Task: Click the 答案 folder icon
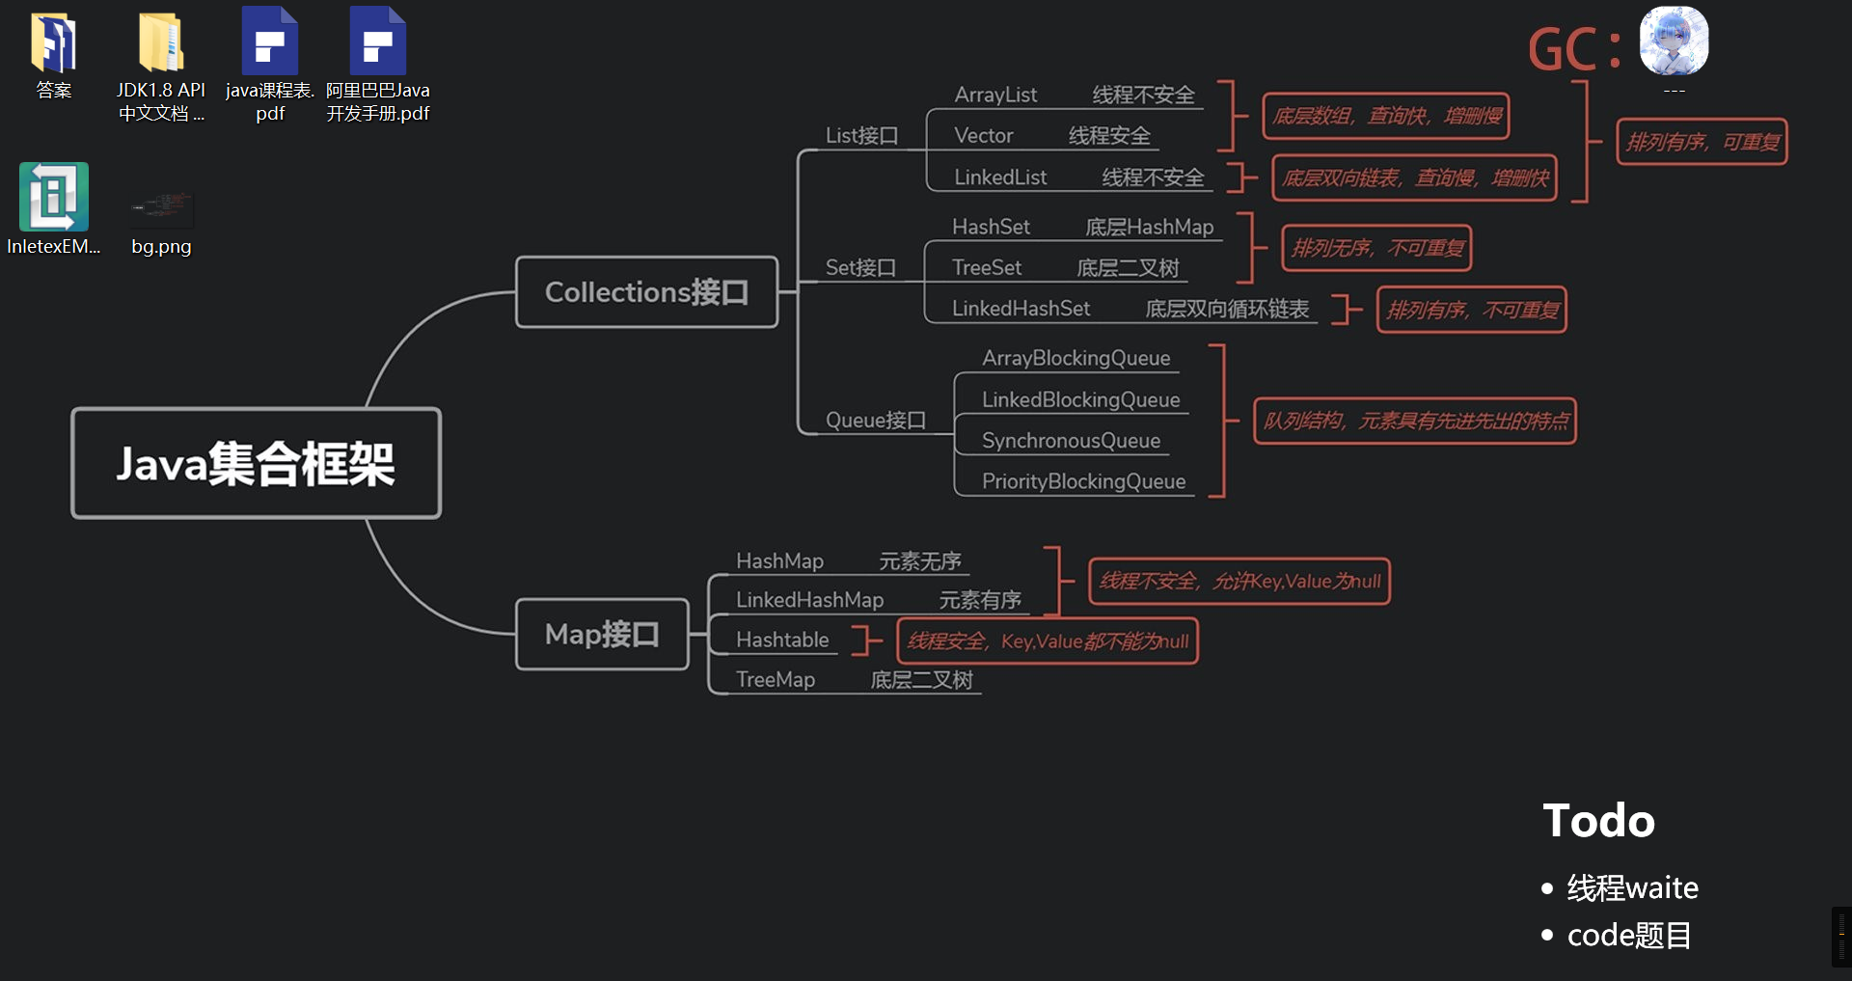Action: click(x=54, y=43)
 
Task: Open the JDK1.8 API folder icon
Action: click(x=161, y=43)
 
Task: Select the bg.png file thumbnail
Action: click(x=162, y=208)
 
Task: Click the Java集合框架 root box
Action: click(x=256, y=463)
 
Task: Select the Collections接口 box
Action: click(x=646, y=292)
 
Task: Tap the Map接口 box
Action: click(x=602, y=634)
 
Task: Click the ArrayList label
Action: click(x=995, y=95)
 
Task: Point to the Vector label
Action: click(x=983, y=136)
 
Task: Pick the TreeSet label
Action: click(x=986, y=267)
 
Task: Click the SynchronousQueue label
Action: click(x=1071, y=441)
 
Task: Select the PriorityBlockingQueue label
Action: click(x=1083, y=481)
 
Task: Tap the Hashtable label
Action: click(x=782, y=640)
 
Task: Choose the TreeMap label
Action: click(x=775, y=680)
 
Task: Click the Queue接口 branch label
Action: click(x=875, y=421)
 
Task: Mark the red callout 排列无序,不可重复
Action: click(x=1376, y=249)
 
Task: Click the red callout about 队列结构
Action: click(x=1414, y=422)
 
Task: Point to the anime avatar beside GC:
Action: click(x=1674, y=41)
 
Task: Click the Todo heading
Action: click(x=1598, y=821)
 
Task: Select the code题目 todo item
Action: click(x=1628, y=936)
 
